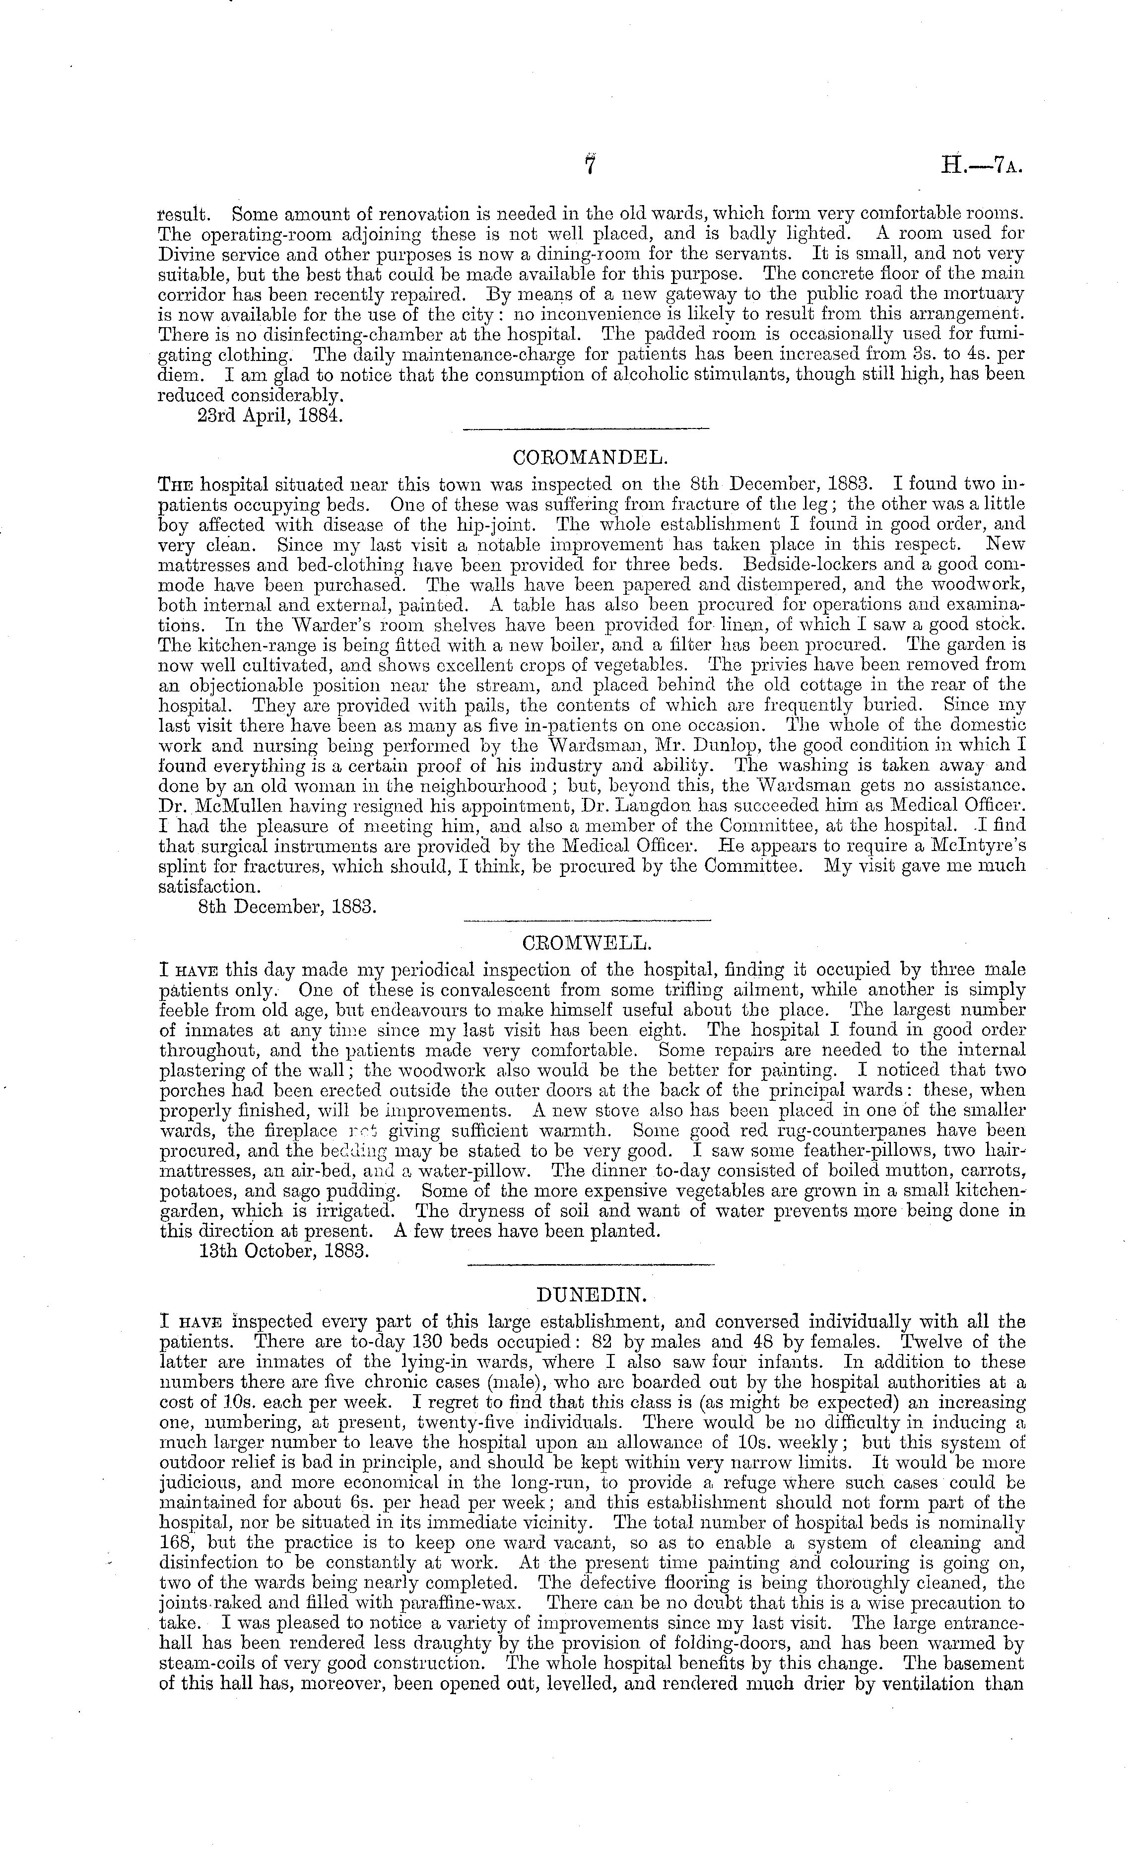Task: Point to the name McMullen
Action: coord(229,806)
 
